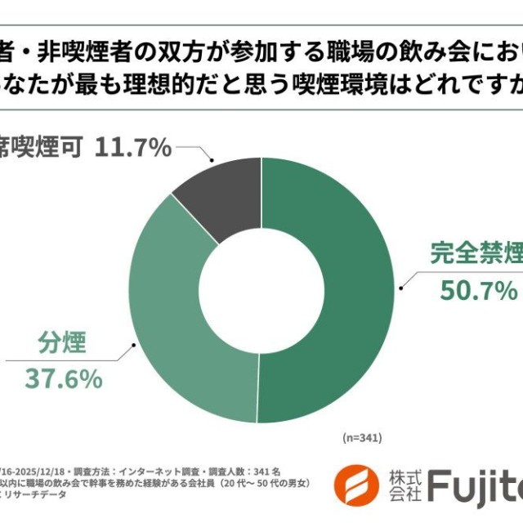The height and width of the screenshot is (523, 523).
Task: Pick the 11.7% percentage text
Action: click(x=133, y=148)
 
